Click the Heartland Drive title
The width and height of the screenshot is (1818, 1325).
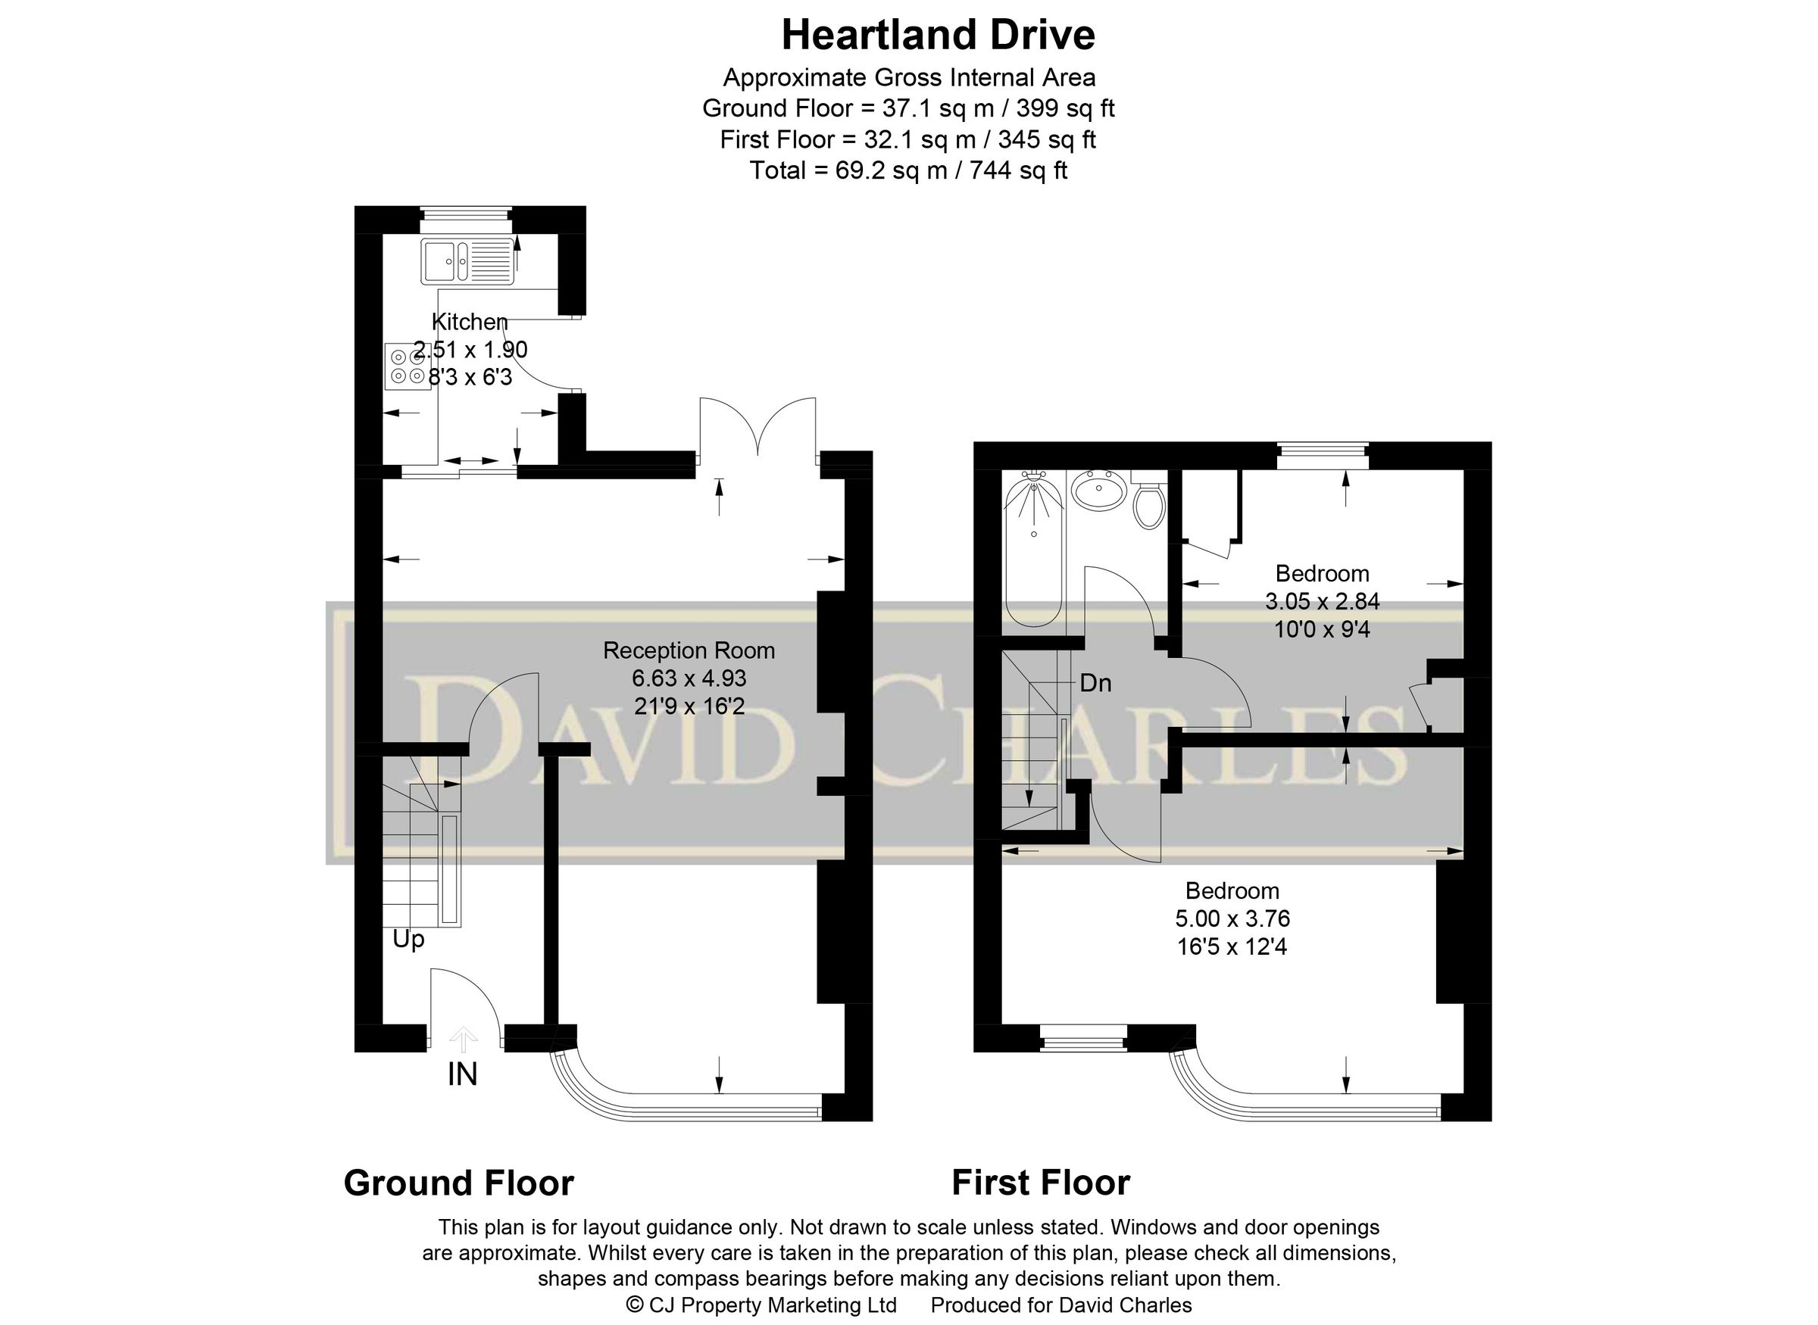(x=938, y=36)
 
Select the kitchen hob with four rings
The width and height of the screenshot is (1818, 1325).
(x=408, y=366)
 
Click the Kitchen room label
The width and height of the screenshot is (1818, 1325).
(x=470, y=322)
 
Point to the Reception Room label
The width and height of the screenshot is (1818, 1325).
(x=689, y=650)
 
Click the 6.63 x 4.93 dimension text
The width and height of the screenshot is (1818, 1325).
(x=689, y=678)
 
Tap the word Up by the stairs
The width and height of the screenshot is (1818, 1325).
(x=408, y=938)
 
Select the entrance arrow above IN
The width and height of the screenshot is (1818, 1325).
(x=463, y=1040)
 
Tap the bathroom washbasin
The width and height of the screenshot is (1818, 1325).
(x=1098, y=490)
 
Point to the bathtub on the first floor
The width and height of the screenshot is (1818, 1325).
(x=1034, y=553)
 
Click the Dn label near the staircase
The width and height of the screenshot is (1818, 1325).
(x=1095, y=682)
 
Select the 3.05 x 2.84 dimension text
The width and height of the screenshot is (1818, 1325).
(x=1321, y=600)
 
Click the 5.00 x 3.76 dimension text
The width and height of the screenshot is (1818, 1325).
(x=1232, y=918)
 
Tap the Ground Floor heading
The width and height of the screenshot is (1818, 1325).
(x=458, y=1183)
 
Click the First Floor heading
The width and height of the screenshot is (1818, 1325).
(x=1041, y=1183)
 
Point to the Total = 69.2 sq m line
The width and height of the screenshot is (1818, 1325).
(x=908, y=170)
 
